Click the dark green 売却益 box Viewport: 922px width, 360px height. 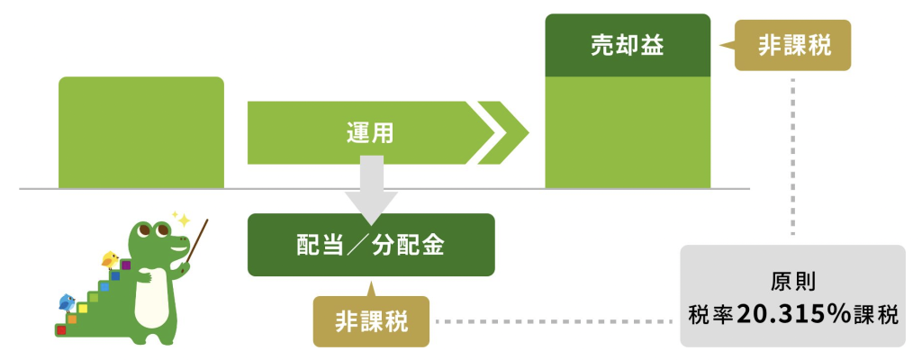pos(628,45)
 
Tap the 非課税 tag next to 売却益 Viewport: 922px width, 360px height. pos(793,46)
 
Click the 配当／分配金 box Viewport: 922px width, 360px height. pos(371,245)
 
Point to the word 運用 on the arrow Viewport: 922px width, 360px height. pos(370,132)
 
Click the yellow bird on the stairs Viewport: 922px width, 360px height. pos(110,261)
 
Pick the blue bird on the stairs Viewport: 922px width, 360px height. pos(66,301)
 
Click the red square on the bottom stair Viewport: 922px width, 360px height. pos(61,331)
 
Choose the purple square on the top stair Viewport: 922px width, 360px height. pos(126,265)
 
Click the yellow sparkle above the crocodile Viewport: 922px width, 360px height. pos(182,220)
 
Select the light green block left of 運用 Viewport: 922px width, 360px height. pos(141,132)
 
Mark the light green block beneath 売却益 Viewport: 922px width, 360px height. pos(628,132)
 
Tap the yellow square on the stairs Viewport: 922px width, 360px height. pos(83,309)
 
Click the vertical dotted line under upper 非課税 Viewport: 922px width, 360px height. pos(793,153)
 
